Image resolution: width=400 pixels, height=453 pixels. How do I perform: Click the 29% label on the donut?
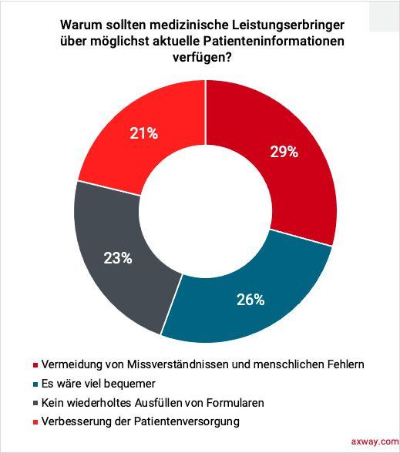click(284, 152)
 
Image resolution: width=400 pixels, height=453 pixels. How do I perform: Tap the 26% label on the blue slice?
click(250, 300)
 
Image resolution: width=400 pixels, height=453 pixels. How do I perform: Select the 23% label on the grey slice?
click(118, 258)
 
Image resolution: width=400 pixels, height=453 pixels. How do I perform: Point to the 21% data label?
click(143, 133)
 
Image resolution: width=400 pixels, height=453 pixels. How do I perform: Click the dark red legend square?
click(35, 365)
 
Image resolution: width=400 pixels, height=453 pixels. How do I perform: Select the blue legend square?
click(35, 384)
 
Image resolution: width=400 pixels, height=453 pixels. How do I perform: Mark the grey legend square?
click(35, 404)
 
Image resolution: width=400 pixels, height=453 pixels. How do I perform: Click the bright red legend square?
click(35, 422)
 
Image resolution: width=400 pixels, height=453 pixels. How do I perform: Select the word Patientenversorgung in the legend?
click(187, 422)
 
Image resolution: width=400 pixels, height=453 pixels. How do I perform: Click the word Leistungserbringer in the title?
click(288, 25)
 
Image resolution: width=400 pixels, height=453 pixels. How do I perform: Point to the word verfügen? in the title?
click(202, 58)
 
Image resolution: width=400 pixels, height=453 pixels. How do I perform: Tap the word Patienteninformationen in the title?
click(274, 41)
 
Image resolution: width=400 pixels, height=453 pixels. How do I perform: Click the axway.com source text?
click(375, 441)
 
